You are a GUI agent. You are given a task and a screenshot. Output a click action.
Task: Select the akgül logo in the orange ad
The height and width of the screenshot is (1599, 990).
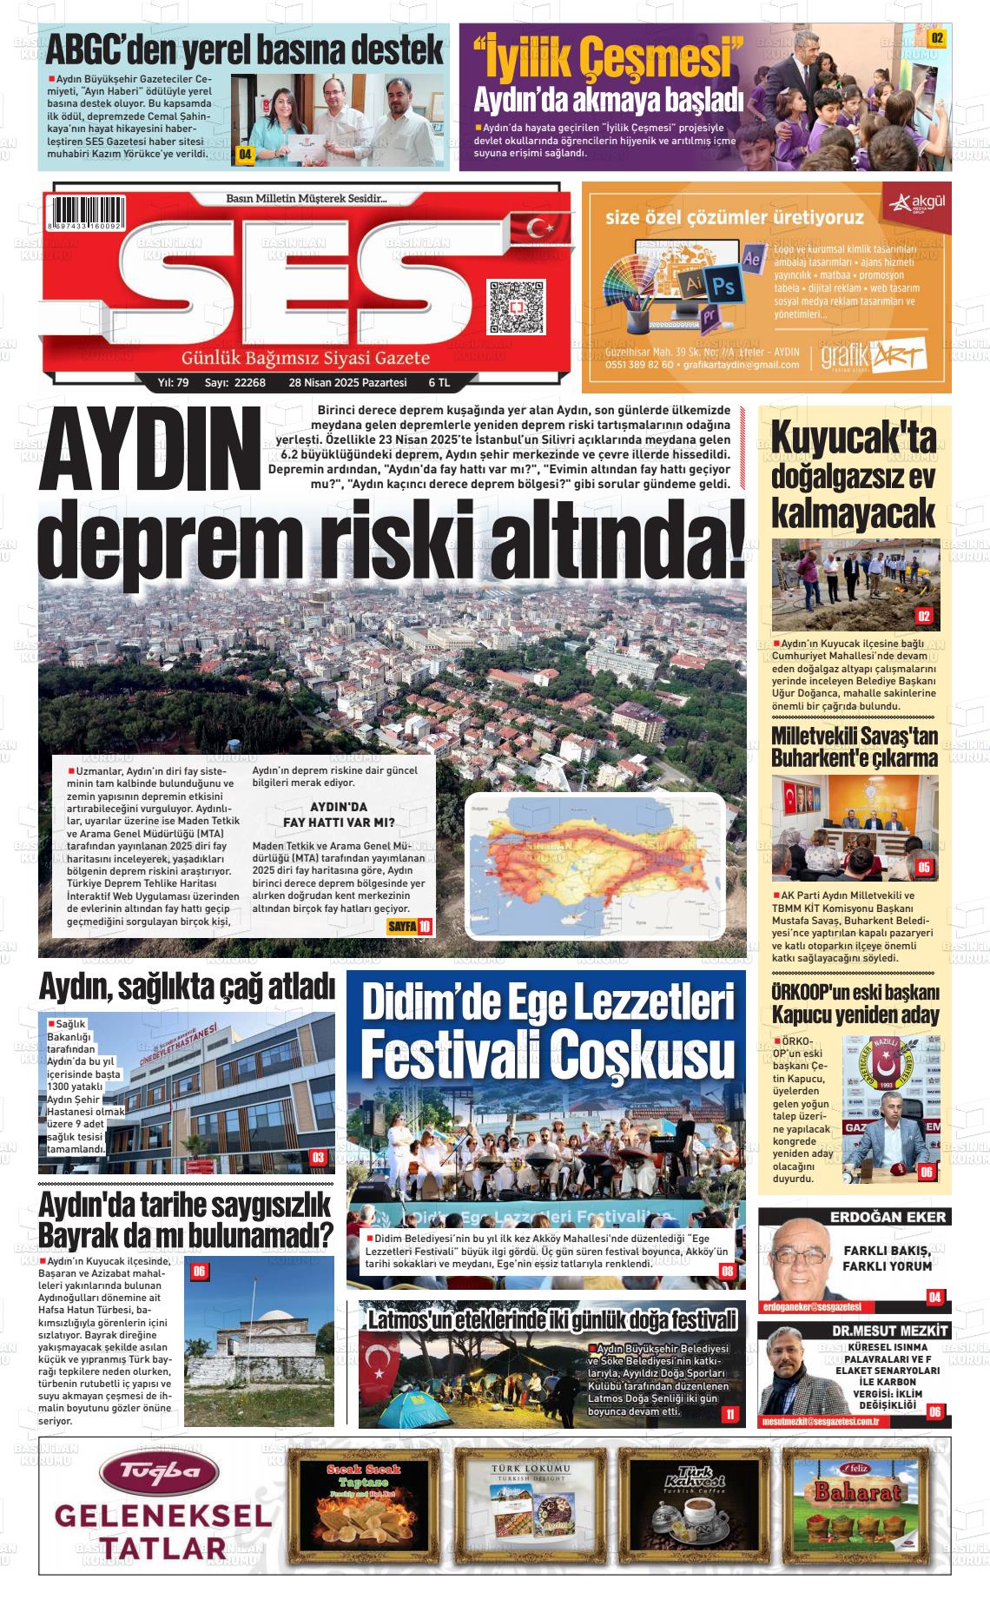(916, 205)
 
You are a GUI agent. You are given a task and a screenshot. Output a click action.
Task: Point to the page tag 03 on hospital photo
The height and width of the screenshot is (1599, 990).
(318, 1157)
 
